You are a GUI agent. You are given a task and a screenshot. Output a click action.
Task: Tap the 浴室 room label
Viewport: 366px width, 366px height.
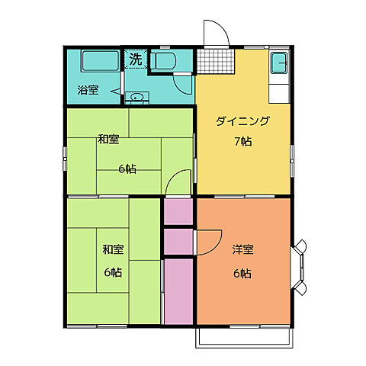click(88, 91)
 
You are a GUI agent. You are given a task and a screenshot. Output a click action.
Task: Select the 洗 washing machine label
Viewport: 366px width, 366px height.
click(135, 58)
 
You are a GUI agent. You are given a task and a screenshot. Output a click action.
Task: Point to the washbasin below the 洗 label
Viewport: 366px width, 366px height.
click(136, 97)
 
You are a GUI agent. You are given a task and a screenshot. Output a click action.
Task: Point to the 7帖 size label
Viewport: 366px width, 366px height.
click(242, 141)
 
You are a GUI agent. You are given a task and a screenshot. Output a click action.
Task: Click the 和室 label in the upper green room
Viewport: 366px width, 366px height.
click(109, 140)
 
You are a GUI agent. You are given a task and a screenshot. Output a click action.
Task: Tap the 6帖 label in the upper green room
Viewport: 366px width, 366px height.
click(127, 169)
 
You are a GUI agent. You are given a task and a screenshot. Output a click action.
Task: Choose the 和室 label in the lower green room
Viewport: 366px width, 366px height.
click(114, 249)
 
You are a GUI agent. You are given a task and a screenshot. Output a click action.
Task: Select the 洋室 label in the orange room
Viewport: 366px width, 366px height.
click(242, 249)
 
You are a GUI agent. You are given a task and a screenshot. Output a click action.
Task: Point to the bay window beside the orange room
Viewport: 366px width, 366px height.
click(300, 268)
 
